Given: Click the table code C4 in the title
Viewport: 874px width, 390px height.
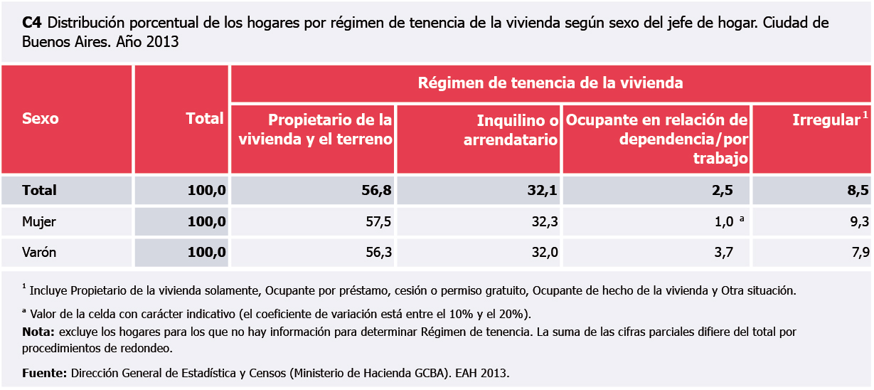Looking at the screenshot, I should point(31,23).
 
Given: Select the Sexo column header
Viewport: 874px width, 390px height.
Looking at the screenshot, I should point(41,118).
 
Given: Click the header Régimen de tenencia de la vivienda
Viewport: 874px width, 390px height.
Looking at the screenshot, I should point(550,83).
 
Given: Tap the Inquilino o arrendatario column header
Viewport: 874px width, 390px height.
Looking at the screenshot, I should point(511,130).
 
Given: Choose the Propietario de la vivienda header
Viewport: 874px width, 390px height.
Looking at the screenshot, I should point(315,130).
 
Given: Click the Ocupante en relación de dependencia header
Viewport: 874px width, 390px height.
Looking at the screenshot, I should point(656,139).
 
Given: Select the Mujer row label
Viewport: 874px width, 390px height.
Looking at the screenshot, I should point(39,222).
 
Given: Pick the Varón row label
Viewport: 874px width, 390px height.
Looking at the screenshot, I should point(39,253).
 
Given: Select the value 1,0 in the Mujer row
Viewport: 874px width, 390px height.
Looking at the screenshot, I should point(723,222).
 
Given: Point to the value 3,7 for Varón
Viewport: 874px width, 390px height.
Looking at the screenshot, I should point(723,253).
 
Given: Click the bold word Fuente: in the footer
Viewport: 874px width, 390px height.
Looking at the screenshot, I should point(44,372).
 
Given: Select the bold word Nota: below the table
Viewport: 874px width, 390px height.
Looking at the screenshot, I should point(38,332).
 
